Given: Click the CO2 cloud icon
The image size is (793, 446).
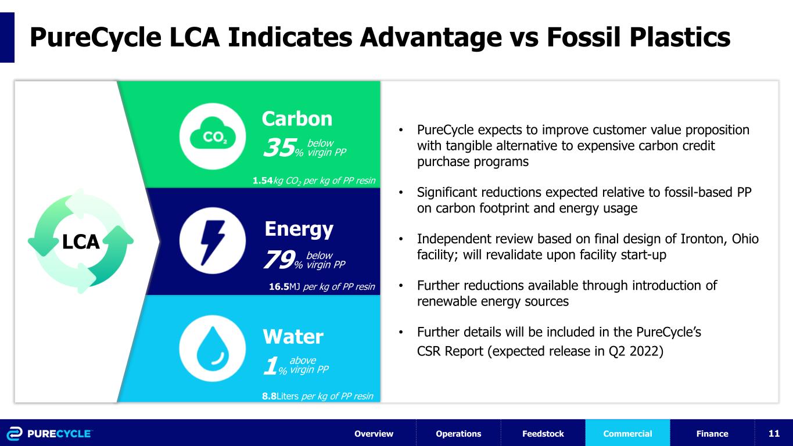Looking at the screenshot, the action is pos(213,137).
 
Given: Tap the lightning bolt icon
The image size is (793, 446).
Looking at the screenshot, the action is pos(213,243).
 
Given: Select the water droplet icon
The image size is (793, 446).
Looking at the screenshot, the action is pos(213,348).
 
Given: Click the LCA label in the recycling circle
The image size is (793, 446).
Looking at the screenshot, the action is pos(81,242).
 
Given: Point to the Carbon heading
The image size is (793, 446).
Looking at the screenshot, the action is pos(297,118).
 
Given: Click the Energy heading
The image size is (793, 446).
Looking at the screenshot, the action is pos(299,229).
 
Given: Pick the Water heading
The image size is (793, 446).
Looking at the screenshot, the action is pos(293,336).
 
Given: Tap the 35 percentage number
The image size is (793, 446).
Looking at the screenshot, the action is pos(279,148).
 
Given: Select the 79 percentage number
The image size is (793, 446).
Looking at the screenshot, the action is pos(279,259).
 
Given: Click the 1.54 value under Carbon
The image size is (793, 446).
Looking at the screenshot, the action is pos(263,181).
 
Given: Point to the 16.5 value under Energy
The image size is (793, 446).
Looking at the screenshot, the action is pos(279,286).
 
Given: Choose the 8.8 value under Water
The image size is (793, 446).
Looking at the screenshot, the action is pos(269,396).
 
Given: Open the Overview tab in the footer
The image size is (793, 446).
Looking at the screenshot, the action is pos(374,434).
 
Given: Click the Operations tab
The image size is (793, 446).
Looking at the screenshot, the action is pos(458,434).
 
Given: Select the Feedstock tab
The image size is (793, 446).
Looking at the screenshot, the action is pos(543,434).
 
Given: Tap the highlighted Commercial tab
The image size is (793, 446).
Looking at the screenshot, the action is pos(627,434).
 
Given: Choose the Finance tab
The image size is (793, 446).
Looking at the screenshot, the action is pos(712,434).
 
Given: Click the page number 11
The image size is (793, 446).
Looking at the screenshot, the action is pos(774,434).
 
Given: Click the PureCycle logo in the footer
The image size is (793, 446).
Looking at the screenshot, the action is pos(49,434).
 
